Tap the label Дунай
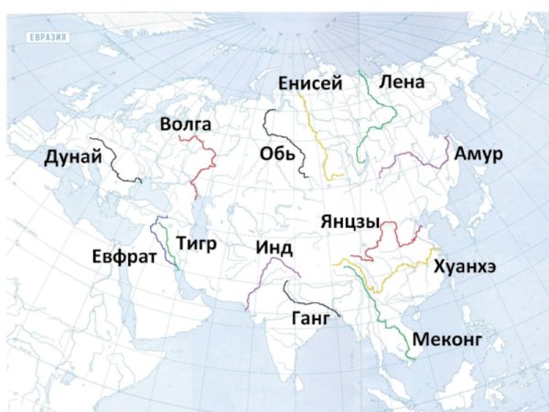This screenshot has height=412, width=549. [71, 157]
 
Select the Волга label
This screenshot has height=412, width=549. [186, 125]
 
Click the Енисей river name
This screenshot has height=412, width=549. [311, 84]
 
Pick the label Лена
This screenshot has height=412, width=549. [402, 82]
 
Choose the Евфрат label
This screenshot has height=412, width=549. [119, 255]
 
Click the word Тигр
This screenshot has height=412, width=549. [196, 243]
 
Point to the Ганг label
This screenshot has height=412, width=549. [307, 319]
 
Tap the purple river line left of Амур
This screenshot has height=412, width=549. [412, 157]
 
